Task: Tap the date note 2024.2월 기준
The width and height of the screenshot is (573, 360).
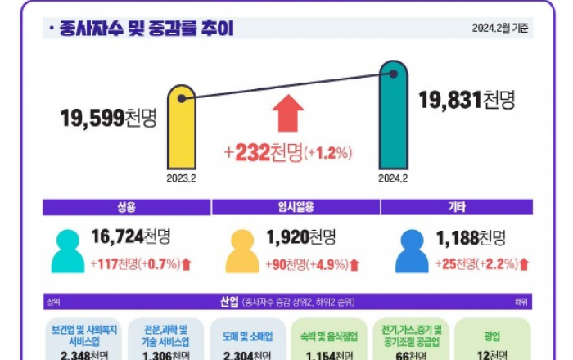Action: pyautogui.click(x=499, y=29)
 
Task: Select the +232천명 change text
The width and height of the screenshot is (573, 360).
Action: pyautogui.click(x=287, y=152)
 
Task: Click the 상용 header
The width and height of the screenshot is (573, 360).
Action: pyautogui.click(x=126, y=207)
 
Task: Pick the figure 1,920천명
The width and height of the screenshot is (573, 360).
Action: pyautogui.click(x=300, y=238)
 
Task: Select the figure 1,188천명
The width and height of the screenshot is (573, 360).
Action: pyautogui.click(x=471, y=238)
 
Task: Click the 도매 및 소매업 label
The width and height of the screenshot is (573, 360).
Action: pyautogui.click(x=246, y=336)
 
